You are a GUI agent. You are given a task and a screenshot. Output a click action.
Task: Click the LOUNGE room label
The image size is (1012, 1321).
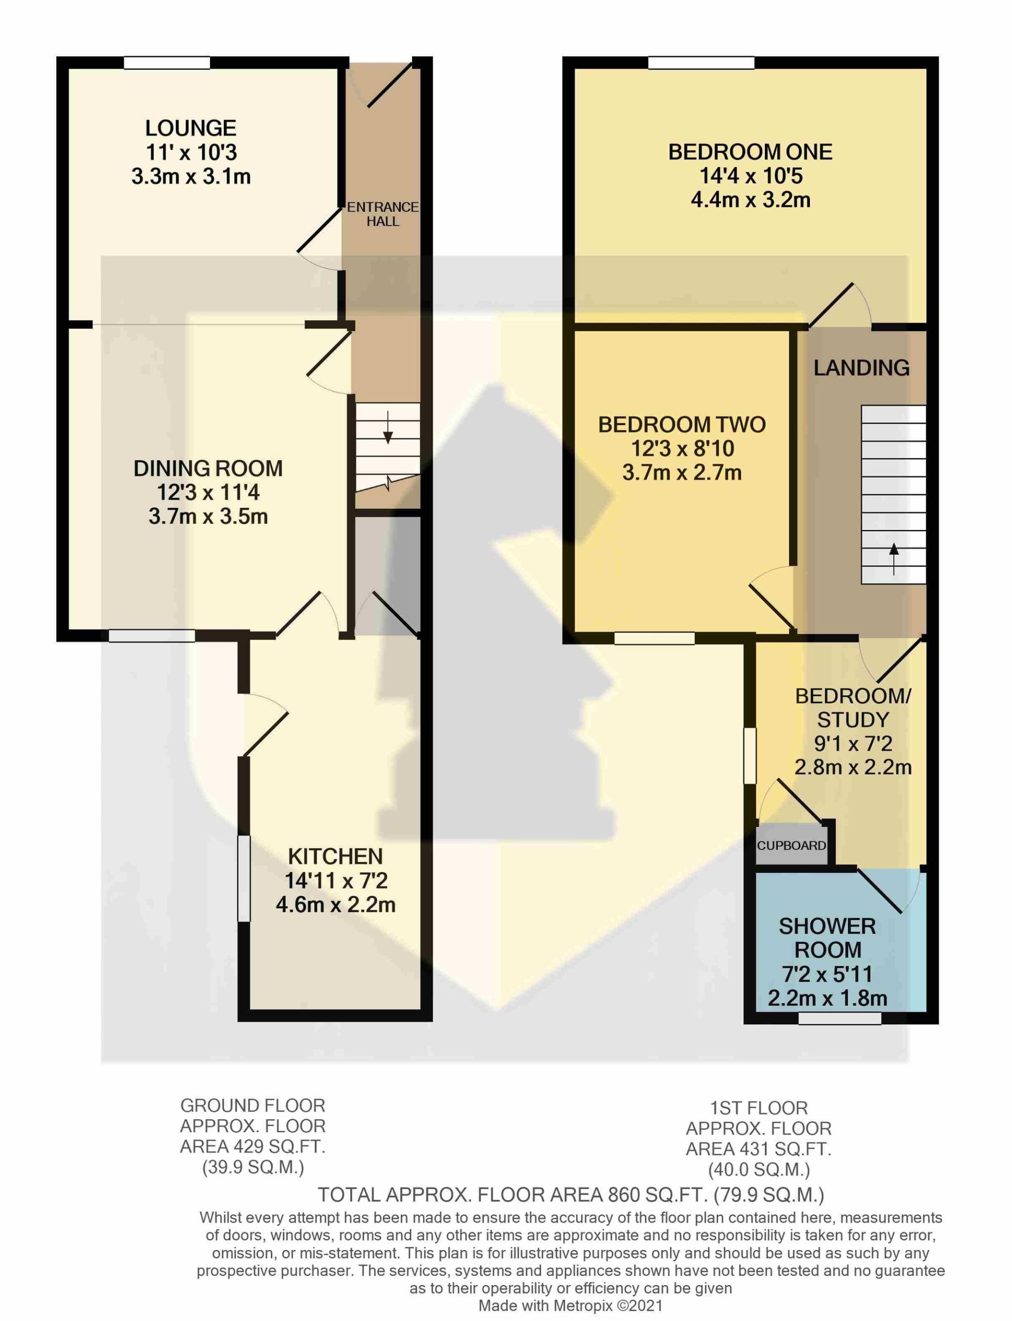coord(191,128)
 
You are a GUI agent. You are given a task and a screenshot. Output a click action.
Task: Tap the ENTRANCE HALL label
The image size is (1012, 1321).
coord(383,214)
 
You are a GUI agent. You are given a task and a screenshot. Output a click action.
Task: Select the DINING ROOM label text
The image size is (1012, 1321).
coord(208,468)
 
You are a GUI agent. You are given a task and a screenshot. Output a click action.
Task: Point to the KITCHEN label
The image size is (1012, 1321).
coord(335,857)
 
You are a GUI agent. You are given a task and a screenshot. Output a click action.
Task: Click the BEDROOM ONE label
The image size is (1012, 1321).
coord(750,152)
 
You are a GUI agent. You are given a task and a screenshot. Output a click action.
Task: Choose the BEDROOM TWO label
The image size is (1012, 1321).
coord(682,425)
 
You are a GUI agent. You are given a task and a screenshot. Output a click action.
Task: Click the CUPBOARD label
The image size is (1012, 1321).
coord(792,846)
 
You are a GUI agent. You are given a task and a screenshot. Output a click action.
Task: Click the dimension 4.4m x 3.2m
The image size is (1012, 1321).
coord(750,200)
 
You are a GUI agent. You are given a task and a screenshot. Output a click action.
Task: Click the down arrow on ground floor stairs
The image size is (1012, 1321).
coord(388,428)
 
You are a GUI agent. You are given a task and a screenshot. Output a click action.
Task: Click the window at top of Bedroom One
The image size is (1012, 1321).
coord(701,62)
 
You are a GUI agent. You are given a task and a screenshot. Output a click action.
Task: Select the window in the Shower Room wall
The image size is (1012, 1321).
coord(840,1019)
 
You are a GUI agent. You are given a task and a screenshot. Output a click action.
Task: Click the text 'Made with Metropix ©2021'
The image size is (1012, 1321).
coord(570,1306)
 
